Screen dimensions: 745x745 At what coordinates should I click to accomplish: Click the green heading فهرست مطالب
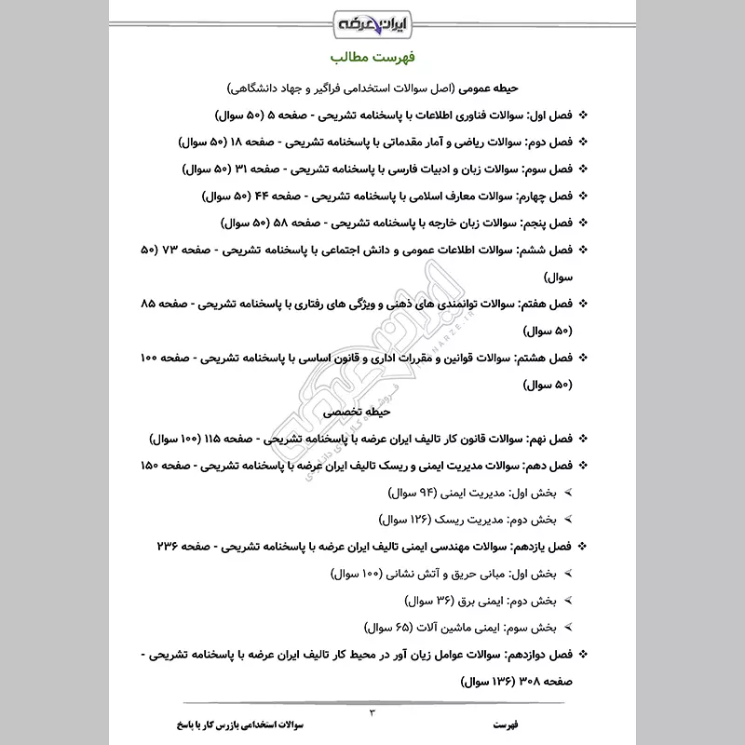[x=373, y=57]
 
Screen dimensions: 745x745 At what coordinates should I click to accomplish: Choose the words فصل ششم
[x=544, y=251]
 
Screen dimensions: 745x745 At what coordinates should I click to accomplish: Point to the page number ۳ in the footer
[x=372, y=712]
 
